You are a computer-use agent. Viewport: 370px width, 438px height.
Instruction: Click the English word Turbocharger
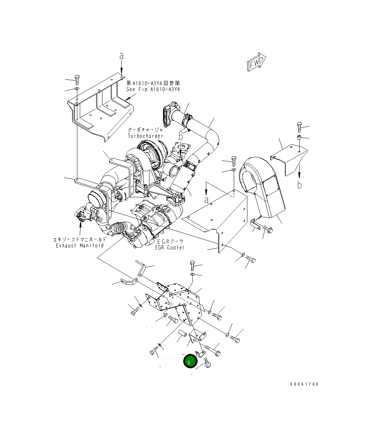pyautogui.click(x=145, y=136)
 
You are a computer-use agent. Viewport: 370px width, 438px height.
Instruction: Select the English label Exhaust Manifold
pyautogui.click(x=80, y=246)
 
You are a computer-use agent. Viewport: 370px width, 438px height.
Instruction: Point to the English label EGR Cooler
pyautogui.click(x=170, y=248)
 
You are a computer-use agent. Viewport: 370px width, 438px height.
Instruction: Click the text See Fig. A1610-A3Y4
pyautogui.click(x=153, y=89)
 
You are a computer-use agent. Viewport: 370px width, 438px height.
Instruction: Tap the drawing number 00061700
pyautogui.click(x=304, y=384)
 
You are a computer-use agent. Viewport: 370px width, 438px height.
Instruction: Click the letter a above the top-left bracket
pyautogui.click(x=121, y=56)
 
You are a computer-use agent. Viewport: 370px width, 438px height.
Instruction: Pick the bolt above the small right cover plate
pyautogui.click(x=299, y=126)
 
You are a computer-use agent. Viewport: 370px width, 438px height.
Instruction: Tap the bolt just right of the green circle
pyautogui.click(x=207, y=362)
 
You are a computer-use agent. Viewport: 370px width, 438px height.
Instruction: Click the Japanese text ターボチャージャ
pyautogui.click(x=145, y=129)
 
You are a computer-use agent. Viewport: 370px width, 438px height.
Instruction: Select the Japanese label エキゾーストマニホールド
pyautogui.click(x=80, y=239)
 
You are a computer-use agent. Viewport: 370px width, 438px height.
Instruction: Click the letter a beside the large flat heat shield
pyautogui.click(x=207, y=200)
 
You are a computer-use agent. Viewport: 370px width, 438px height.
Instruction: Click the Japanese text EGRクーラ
pyautogui.click(x=170, y=241)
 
